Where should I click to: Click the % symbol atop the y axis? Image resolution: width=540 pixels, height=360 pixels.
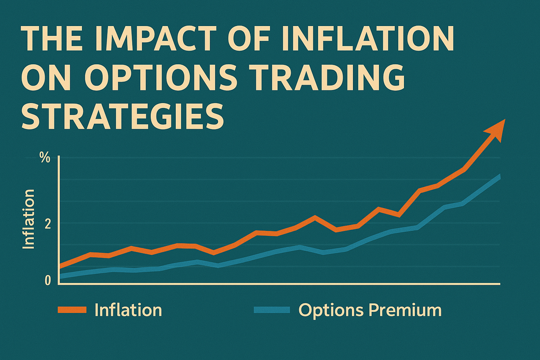(x=45, y=158)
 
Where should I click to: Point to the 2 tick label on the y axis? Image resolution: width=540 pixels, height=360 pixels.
(x=47, y=223)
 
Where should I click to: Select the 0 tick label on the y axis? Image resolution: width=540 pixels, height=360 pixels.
(x=47, y=280)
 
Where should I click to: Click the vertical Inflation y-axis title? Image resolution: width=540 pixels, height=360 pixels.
(x=29, y=219)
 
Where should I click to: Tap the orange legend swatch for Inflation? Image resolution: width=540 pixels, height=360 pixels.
(x=72, y=309)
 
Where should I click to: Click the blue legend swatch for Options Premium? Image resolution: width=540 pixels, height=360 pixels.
(x=271, y=309)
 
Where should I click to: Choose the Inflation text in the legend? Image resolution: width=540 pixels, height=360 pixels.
(x=128, y=310)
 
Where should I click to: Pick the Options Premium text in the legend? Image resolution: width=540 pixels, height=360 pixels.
(x=370, y=310)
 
